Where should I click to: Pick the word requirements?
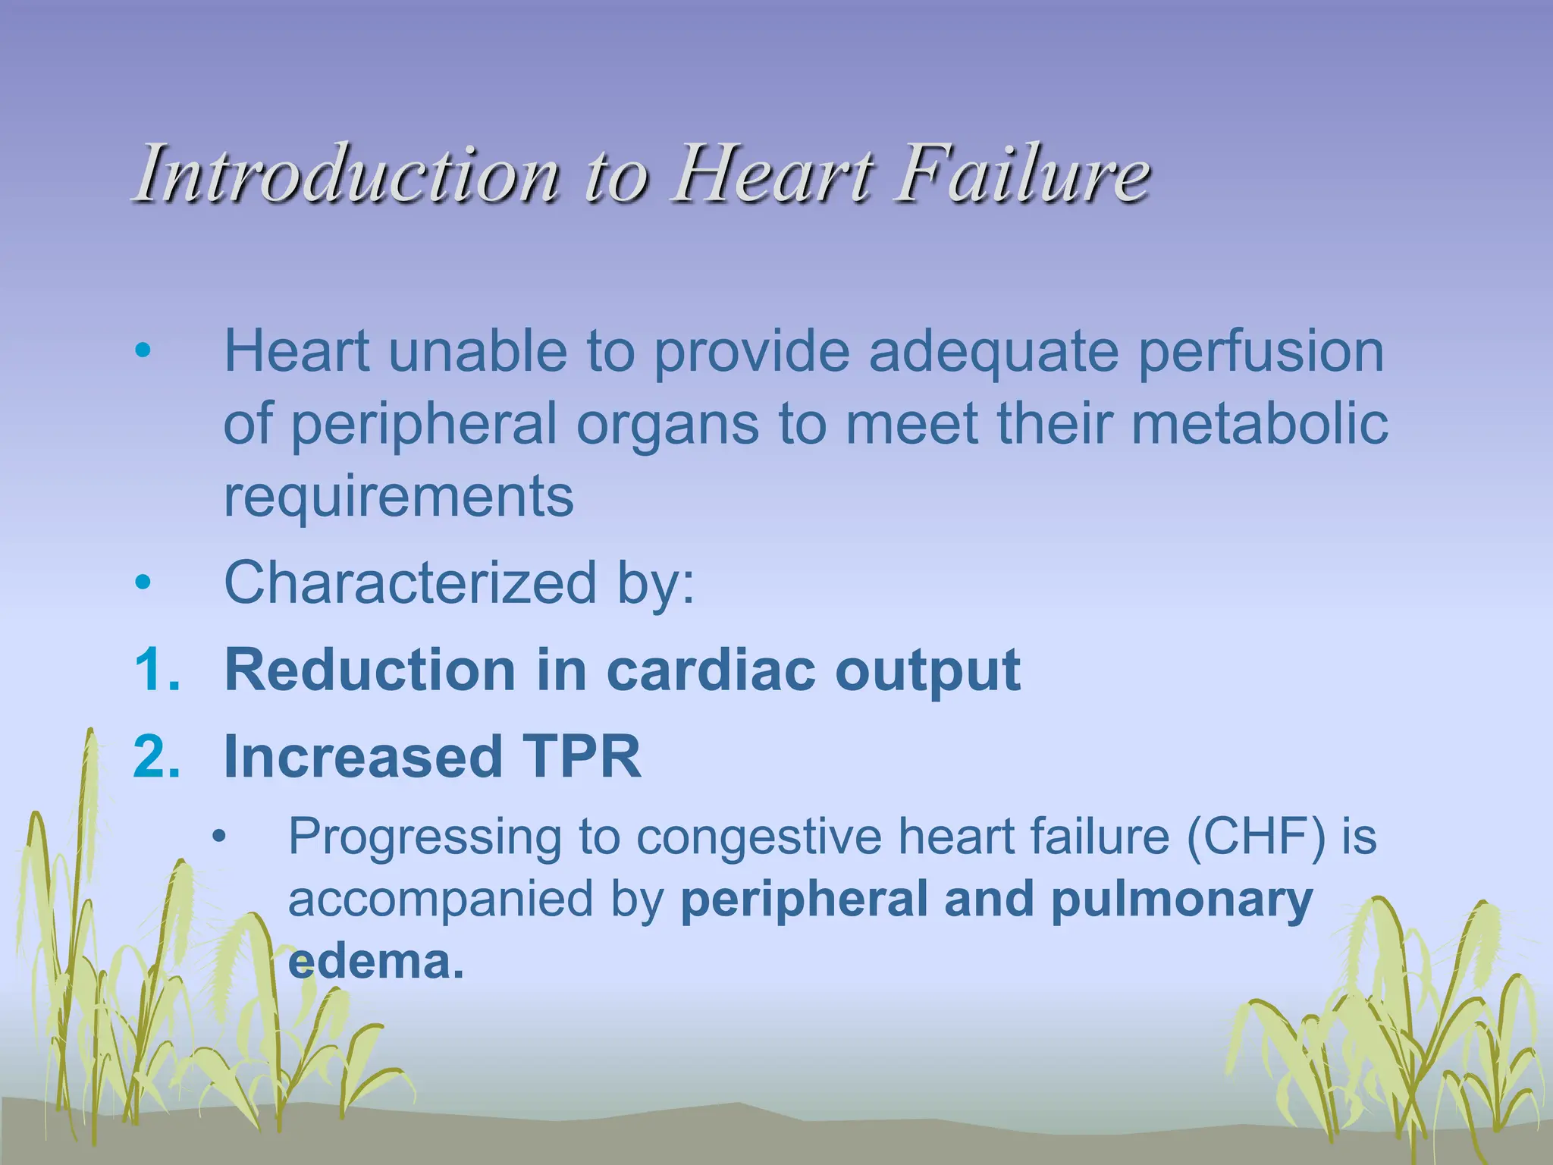(x=399, y=496)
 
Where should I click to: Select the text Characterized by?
(x=460, y=582)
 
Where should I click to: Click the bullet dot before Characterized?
(x=143, y=582)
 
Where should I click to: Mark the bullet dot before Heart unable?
(x=143, y=351)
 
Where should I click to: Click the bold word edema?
(x=375, y=962)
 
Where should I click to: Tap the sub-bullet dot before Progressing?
(x=220, y=837)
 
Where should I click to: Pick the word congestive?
(x=759, y=837)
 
